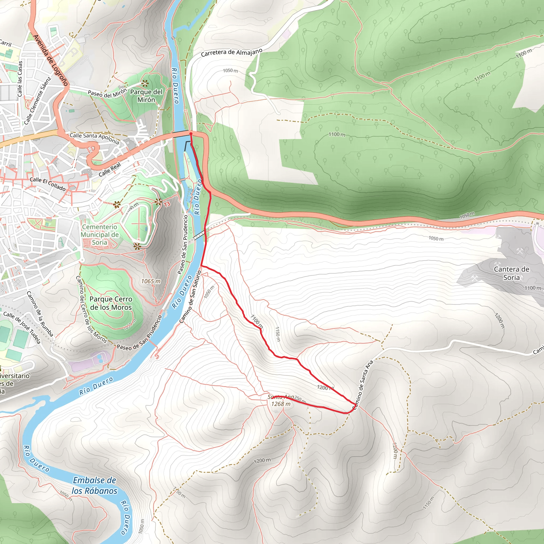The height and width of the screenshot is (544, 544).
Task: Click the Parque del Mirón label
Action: [146, 96]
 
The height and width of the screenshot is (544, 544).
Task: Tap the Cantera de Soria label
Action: [511, 273]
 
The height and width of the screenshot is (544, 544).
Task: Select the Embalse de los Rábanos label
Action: [94, 486]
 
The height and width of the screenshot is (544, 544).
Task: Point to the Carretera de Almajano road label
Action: [231, 53]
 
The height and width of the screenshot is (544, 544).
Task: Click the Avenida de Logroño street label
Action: [51, 60]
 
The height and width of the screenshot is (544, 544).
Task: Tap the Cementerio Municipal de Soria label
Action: [100, 235]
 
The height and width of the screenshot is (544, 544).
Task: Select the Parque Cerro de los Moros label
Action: [111, 303]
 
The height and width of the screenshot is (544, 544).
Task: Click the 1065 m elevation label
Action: [151, 281]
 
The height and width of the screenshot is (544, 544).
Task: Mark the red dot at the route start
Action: [191, 134]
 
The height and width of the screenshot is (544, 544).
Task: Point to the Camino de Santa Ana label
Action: [363, 385]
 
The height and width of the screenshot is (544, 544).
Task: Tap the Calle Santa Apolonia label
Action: [94, 138]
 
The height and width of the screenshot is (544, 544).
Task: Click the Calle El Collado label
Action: [48, 184]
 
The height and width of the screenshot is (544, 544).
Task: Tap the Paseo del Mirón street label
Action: [107, 93]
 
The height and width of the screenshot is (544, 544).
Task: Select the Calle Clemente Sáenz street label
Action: [37, 101]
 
